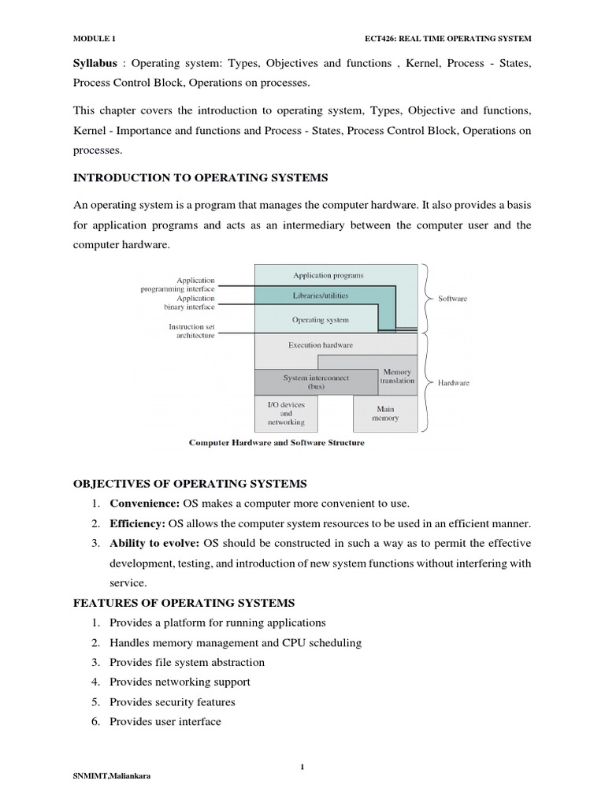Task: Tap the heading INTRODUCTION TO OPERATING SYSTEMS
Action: coord(201,177)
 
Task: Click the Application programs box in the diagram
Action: coord(328,275)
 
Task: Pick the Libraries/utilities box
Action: coord(320,296)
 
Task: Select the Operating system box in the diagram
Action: coord(320,320)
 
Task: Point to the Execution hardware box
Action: coord(320,345)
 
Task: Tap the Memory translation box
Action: coord(397,376)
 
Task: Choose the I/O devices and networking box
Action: coord(286,413)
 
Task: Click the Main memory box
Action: coord(385,413)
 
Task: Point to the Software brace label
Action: coord(452,299)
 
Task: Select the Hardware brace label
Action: coord(453,383)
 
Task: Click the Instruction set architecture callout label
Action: coord(191,331)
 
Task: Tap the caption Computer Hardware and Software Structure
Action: coord(276,443)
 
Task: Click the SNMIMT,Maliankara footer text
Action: coord(112,775)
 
